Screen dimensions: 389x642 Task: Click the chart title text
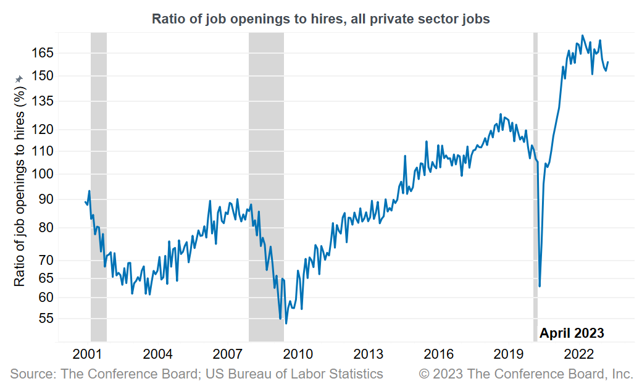[x=321, y=19]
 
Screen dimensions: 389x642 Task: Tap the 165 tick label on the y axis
[x=43, y=53]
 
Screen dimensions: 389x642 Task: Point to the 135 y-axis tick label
[x=43, y=101]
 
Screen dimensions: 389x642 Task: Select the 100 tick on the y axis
[x=43, y=175]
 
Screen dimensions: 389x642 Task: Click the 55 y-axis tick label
[x=46, y=319]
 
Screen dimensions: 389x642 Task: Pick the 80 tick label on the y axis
[x=46, y=228]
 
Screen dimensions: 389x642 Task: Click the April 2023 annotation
[x=572, y=333]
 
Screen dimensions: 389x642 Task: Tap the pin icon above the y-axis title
[x=19, y=79]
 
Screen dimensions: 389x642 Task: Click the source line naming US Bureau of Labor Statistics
[x=196, y=374]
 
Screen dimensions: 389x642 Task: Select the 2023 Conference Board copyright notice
[x=526, y=374]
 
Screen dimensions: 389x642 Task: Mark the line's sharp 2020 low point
[x=540, y=286]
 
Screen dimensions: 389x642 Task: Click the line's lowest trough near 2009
[x=286, y=323]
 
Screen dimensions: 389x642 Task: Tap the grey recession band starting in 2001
[x=99, y=185]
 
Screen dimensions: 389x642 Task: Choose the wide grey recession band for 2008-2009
[x=266, y=185]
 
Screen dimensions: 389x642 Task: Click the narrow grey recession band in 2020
[x=535, y=185]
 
